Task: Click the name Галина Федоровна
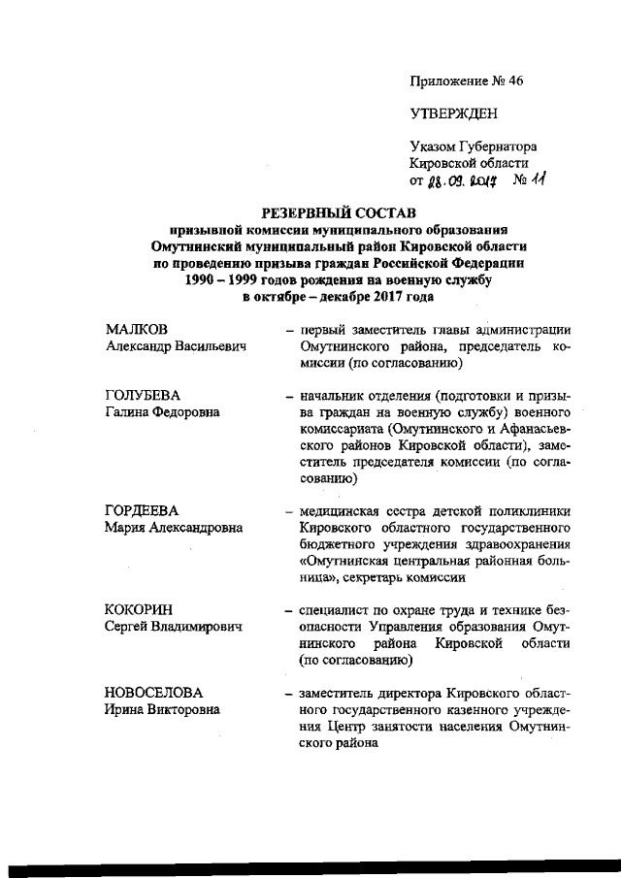[162, 411]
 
